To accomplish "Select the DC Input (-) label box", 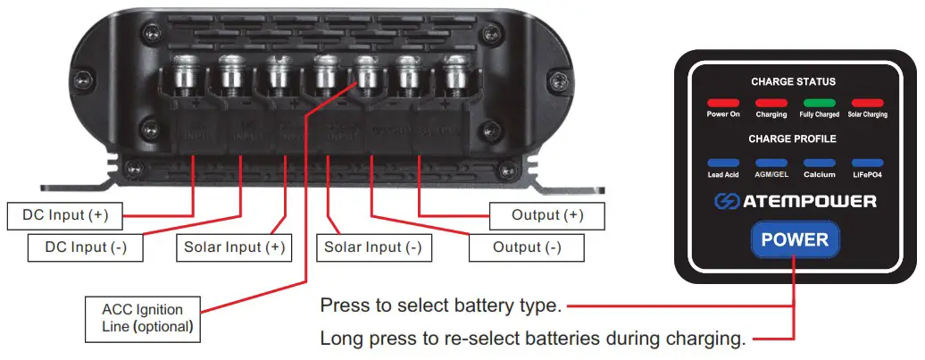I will click(x=86, y=247).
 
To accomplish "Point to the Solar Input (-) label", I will click(x=373, y=247).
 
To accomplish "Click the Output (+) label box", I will click(x=547, y=215).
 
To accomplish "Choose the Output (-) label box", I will click(x=527, y=247).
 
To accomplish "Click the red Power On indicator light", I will click(x=723, y=103).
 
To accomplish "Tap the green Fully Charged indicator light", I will click(x=820, y=103).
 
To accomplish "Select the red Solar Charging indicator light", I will click(x=868, y=103).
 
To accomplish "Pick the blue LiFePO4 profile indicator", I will click(x=868, y=163).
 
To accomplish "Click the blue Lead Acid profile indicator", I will click(x=723, y=163).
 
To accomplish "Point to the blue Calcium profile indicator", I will click(x=820, y=163).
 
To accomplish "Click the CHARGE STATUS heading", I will click(x=793, y=81).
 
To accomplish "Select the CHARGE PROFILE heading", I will click(x=793, y=139).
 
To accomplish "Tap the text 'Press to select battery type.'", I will click(x=440, y=306).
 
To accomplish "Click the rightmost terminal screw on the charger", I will click(x=455, y=72).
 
